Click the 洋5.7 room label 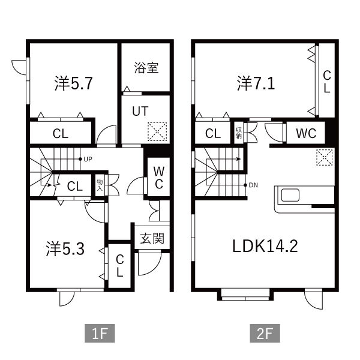coord(73,83)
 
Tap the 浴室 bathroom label coord(146,67)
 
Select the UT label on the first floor coord(139,111)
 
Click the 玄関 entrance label coord(152,238)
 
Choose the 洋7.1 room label coord(256,83)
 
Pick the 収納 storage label coord(239,133)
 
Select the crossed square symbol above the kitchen coord(324,157)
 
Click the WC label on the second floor coord(305,133)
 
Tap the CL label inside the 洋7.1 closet coord(327,82)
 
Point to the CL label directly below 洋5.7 coord(60,134)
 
